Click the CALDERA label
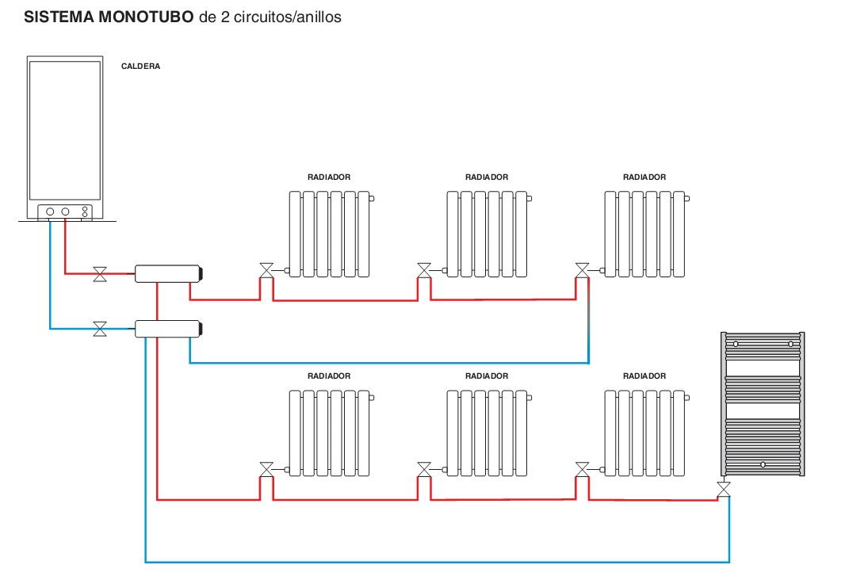(x=140, y=67)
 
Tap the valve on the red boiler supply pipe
(x=100, y=274)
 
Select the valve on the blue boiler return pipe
(x=100, y=328)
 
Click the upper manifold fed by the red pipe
(x=167, y=274)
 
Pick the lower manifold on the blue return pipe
(x=167, y=328)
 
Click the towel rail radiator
(x=763, y=404)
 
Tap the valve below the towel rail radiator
(x=723, y=489)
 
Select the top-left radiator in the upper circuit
(x=329, y=234)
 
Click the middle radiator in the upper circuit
(x=487, y=234)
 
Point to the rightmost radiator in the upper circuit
(x=644, y=234)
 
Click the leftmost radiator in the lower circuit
(x=329, y=433)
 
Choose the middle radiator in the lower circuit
(x=487, y=433)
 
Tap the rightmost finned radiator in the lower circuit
(x=644, y=433)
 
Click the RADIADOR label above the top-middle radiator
(x=487, y=177)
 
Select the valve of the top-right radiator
(x=583, y=270)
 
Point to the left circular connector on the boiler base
(x=50, y=212)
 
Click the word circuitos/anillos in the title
(x=282, y=17)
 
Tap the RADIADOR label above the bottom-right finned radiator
(x=644, y=376)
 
